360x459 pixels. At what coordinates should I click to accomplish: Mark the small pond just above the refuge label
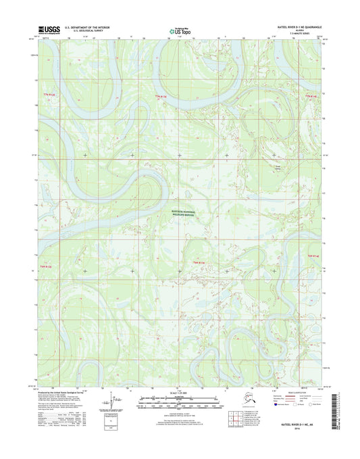pyautogui.click(x=177, y=203)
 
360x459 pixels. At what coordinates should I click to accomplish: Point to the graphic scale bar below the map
pyautogui.click(x=180, y=400)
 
